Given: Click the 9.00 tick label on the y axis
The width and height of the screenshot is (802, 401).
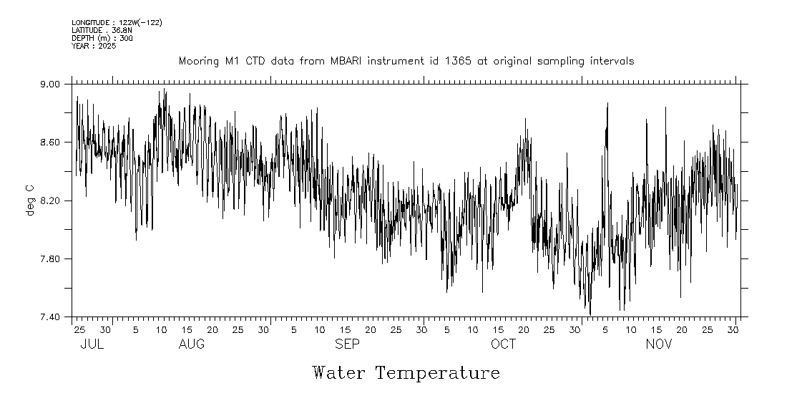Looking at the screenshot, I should pyautogui.click(x=54, y=84).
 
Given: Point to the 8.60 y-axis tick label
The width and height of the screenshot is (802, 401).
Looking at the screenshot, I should pyautogui.click(x=54, y=142).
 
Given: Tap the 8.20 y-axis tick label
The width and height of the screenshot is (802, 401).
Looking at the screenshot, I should pyautogui.click(x=54, y=200).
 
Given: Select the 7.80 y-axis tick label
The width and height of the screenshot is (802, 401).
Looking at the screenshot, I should pyautogui.click(x=54, y=259).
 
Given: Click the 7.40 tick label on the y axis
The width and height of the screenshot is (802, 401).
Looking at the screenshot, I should pyautogui.click(x=54, y=317).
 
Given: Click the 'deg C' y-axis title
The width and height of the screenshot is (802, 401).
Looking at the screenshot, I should pyautogui.click(x=30, y=200).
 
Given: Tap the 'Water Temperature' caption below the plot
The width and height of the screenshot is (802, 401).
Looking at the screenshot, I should pyautogui.click(x=406, y=373).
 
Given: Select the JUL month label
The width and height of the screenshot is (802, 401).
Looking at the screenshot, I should pyautogui.click(x=92, y=344).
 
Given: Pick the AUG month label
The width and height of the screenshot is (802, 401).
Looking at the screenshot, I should pyautogui.click(x=192, y=344).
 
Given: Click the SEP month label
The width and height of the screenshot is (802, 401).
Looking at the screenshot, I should pyautogui.click(x=348, y=344).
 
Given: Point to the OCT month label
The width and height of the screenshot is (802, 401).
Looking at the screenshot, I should pyautogui.click(x=503, y=344).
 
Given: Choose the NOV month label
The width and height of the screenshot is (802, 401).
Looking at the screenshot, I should pyautogui.click(x=659, y=344).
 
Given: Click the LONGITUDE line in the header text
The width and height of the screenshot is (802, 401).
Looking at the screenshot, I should pyautogui.click(x=117, y=23).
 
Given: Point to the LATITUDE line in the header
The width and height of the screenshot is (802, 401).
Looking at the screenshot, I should pyautogui.click(x=102, y=30).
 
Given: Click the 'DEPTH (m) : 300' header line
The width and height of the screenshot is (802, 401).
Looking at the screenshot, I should pyautogui.click(x=102, y=38).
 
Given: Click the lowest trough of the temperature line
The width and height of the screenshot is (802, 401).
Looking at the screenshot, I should pyautogui.click(x=590, y=314).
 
